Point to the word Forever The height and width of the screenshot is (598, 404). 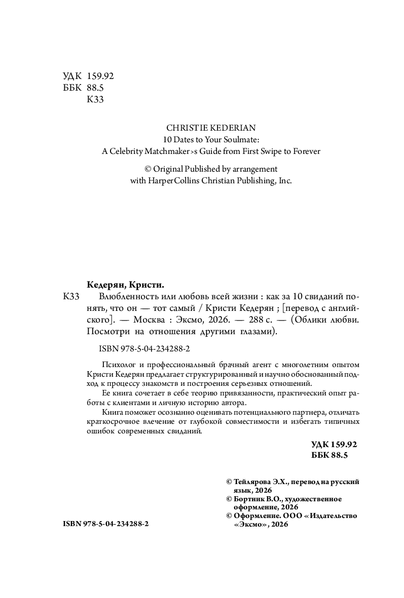click(x=306, y=151)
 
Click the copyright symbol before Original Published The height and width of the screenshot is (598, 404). click(x=149, y=169)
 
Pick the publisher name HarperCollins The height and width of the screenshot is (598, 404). click(x=174, y=180)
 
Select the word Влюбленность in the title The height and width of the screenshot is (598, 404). click(x=114, y=296)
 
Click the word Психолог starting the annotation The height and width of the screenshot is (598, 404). click(x=118, y=365)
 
